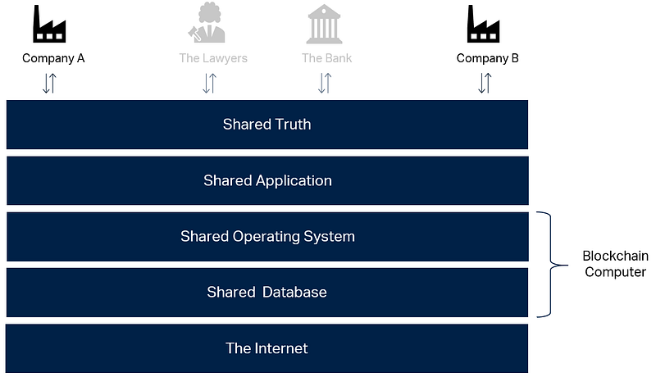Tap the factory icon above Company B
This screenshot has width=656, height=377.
(x=485, y=25)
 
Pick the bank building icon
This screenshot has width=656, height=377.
(x=325, y=25)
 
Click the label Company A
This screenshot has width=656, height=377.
(x=53, y=58)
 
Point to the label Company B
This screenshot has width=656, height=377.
(x=488, y=58)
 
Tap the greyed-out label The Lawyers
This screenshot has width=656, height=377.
(x=213, y=58)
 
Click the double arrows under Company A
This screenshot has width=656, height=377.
(x=49, y=83)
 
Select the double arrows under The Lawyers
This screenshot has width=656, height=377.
(x=209, y=83)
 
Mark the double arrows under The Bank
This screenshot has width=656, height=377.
(x=325, y=83)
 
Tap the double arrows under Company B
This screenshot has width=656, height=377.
(x=485, y=83)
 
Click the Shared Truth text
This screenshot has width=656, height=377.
(x=267, y=125)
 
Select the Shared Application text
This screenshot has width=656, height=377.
(x=267, y=180)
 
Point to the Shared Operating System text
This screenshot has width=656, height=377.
(x=267, y=236)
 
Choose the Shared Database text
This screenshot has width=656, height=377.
(x=267, y=292)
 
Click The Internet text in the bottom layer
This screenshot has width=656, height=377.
(x=267, y=348)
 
